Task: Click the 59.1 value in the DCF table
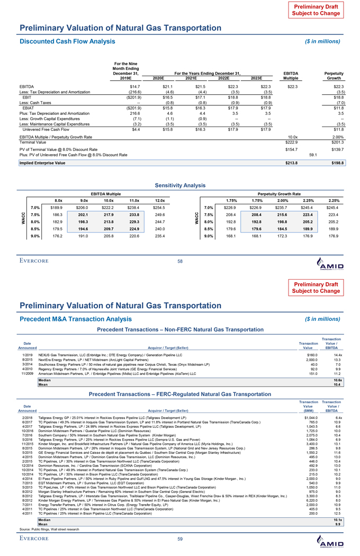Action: coord(313,155)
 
